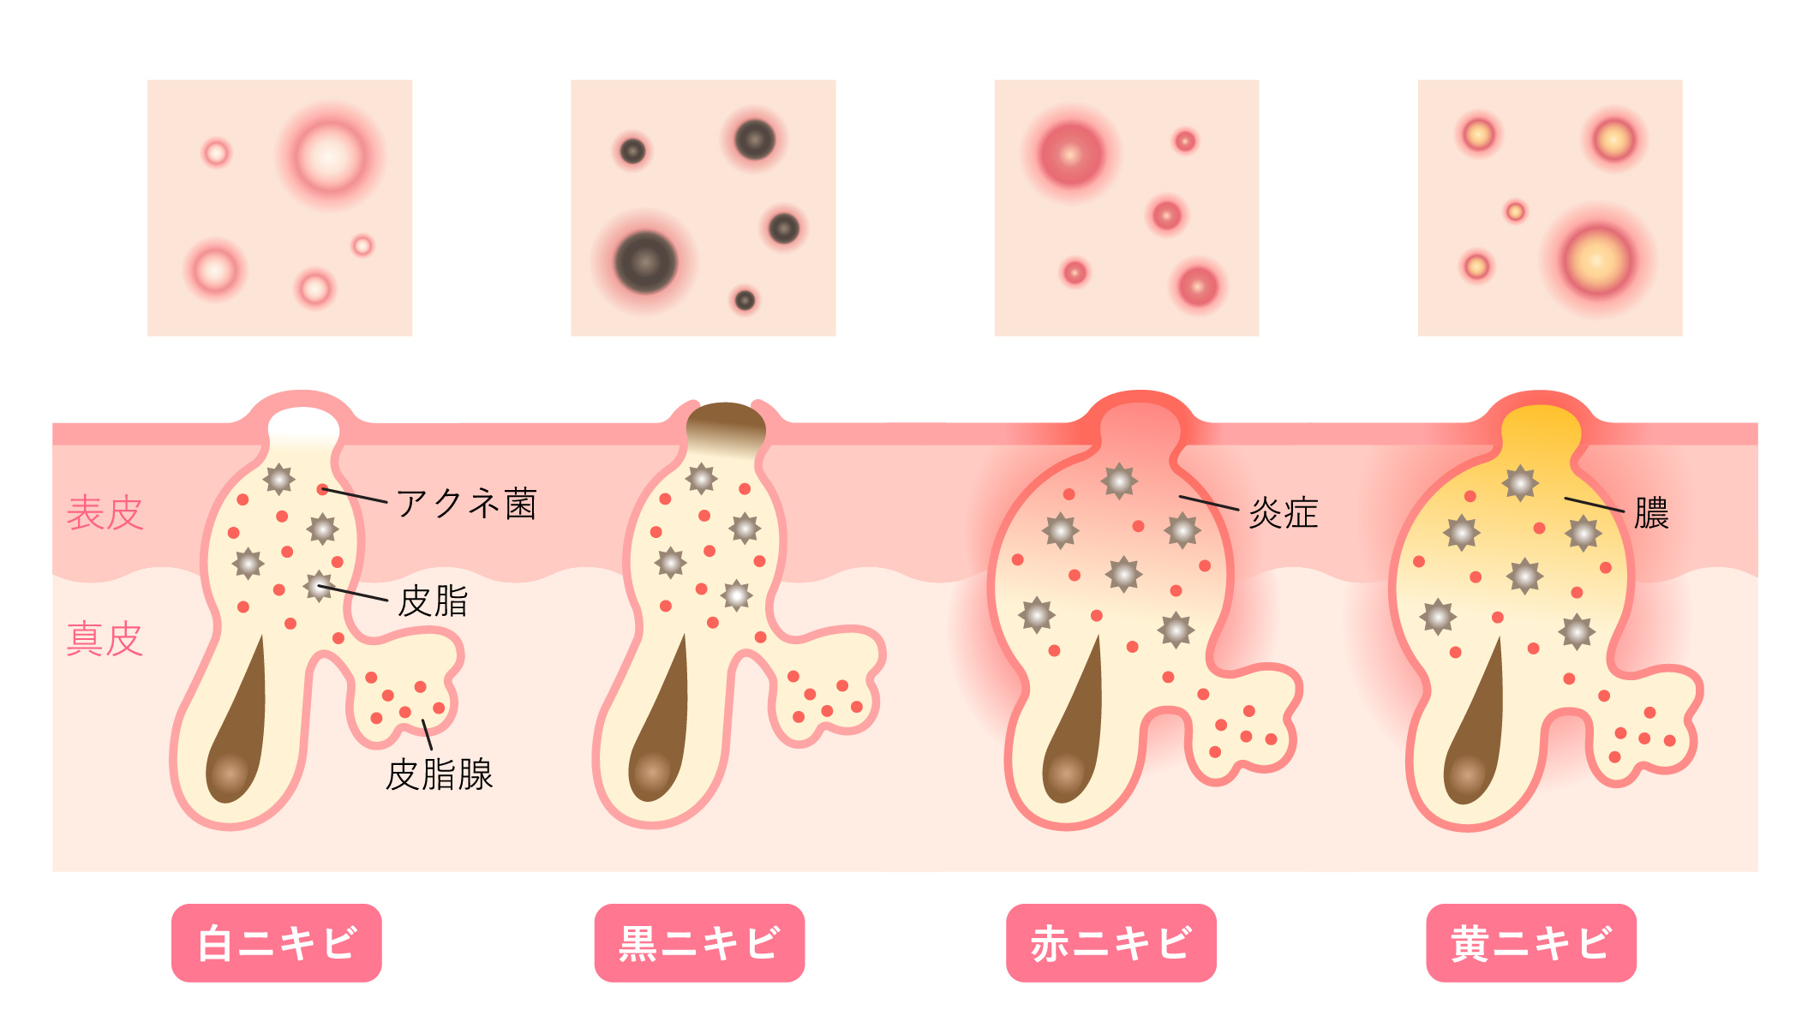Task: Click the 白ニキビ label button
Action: point(276,942)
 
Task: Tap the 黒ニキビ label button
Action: point(699,942)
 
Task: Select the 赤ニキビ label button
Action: point(1111,942)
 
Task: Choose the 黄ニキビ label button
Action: point(1531,942)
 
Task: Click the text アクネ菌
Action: point(467,504)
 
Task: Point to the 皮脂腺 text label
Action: point(440,774)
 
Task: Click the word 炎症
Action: point(1284,513)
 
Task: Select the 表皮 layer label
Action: point(105,513)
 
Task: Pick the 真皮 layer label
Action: point(105,639)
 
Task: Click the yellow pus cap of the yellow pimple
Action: point(1541,428)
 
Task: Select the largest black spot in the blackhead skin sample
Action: point(646,262)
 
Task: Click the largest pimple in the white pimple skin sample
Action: point(330,157)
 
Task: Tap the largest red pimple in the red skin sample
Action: point(1071,155)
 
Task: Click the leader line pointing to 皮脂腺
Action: point(427,734)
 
